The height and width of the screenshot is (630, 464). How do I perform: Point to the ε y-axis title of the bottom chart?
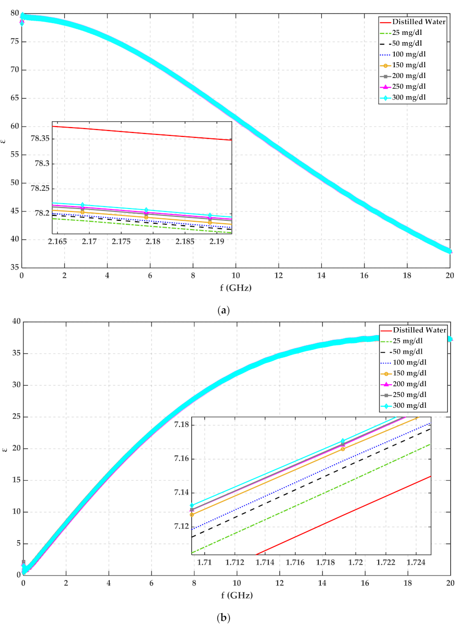point(5,448)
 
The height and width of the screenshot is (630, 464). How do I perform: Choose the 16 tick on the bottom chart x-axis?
point(364,583)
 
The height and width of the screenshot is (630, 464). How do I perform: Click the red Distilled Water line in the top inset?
point(147,133)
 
